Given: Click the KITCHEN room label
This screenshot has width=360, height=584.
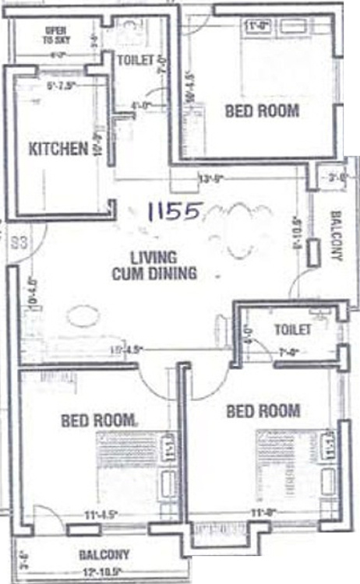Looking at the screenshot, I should (57, 149).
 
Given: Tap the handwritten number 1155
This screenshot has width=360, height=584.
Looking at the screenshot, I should (176, 210).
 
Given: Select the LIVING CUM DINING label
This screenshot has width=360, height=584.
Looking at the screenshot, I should (154, 266).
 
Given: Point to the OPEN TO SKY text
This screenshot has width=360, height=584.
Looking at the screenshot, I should (55, 34).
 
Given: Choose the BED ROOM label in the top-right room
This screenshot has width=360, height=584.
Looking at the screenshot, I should (262, 111).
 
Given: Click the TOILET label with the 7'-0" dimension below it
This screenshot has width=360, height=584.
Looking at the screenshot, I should (292, 329).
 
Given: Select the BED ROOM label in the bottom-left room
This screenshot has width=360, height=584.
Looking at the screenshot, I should (99, 420).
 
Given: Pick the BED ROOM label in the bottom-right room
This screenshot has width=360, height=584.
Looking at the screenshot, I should (263, 410).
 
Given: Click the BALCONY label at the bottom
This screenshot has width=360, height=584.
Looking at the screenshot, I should (104, 555).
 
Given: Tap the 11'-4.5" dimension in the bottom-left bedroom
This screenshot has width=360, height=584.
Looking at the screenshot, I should (102, 514).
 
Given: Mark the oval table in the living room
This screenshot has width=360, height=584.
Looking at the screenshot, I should (83, 315).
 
